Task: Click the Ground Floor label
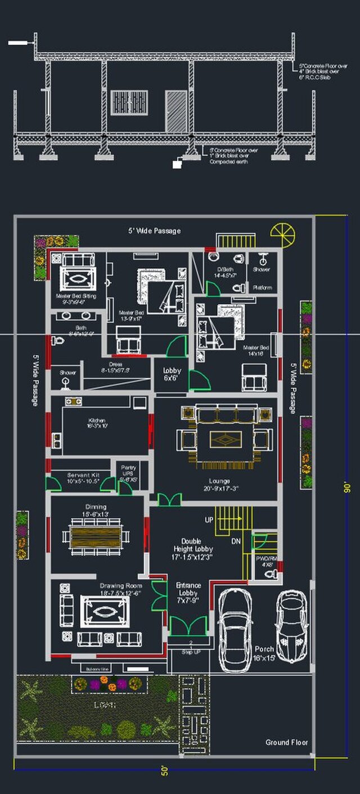point(287,742)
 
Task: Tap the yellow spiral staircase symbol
point(282,234)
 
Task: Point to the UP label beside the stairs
point(209,520)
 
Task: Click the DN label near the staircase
point(236,541)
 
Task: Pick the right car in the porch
point(291,626)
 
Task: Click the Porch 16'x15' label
point(265,653)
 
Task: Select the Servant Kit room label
point(83,478)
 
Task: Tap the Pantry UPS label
point(129,470)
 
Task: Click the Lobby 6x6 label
point(172,375)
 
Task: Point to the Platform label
point(262,288)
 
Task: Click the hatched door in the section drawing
point(176,104)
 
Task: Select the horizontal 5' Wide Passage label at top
point(154,231)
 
